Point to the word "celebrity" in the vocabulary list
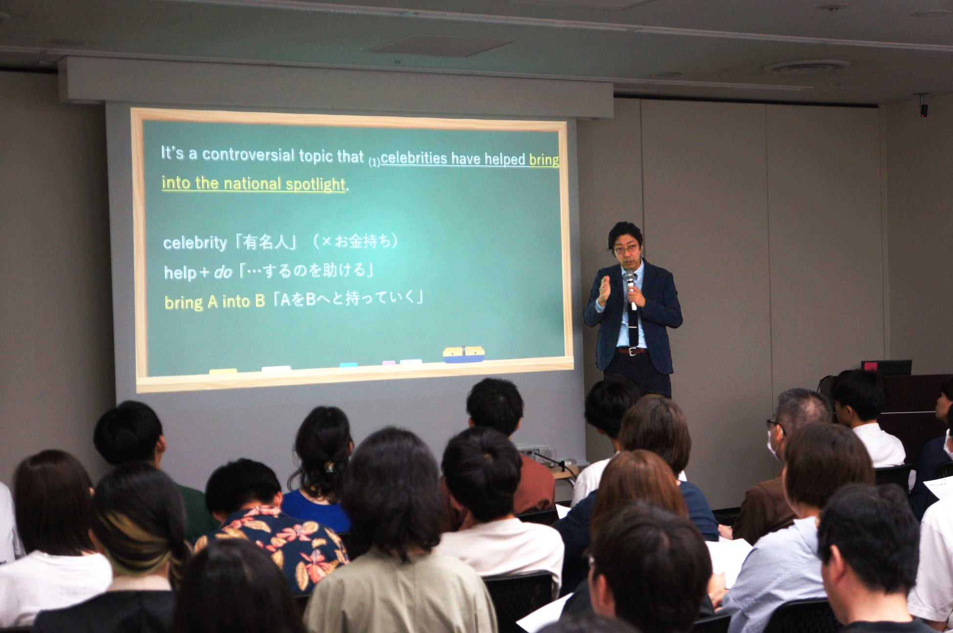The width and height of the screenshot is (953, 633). tap(195, 243)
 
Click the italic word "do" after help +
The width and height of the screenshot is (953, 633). tap(222, 273)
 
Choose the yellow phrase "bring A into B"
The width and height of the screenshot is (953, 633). tap(214, 302)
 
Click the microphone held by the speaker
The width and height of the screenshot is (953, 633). tap(631, 290)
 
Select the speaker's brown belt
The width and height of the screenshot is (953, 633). tap(631, 351)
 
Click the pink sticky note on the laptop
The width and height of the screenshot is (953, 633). tap(869, 366)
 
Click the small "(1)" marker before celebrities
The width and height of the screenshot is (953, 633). tap(374, 162)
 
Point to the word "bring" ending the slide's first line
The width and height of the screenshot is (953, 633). tap(544, 160)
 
